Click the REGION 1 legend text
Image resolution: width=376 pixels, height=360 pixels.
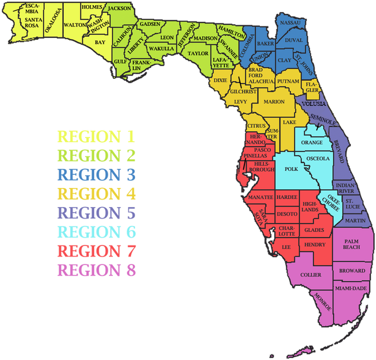click(x=96, y=137)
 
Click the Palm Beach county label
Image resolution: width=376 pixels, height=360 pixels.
click(x=351, y=244)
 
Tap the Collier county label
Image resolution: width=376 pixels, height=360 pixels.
click(x=310, y=275)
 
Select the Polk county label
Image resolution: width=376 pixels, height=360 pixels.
click(x=291, y=170)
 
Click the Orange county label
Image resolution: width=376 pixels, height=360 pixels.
click(x=312, y=142)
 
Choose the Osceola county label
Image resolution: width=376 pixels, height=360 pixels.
click(x=318, y=158)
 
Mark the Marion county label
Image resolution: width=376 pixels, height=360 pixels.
click(x=275, y=102)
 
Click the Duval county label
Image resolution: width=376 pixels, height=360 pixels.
click(x=293, y=40)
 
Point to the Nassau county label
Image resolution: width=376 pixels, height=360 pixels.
click(x=290, y=22)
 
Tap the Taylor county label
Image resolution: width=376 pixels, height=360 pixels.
click(x=198, y=53)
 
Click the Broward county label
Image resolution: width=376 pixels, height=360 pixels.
click(x=352, y=271)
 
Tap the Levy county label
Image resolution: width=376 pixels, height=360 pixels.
click(x=241, y=102)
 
